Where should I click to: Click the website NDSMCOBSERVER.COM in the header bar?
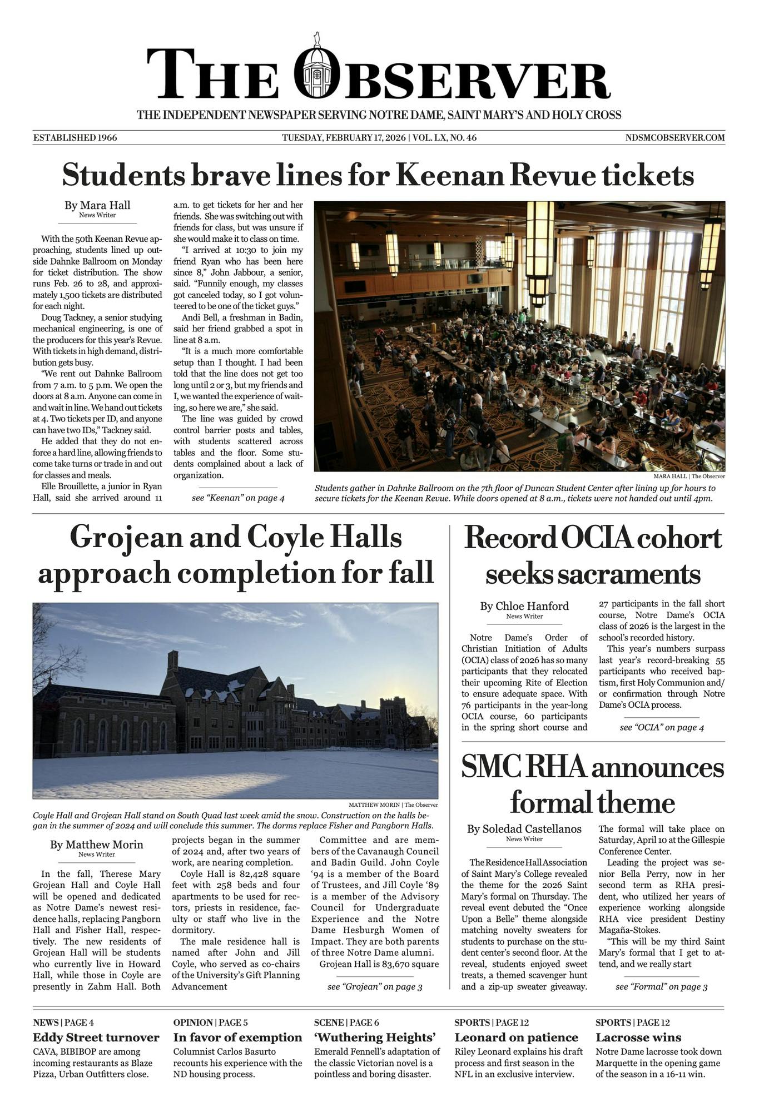tap(674, 138)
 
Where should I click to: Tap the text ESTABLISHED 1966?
tap(75, 138)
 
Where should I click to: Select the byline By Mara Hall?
tap(97, 205)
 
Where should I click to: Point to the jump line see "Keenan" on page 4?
tap(238, 498)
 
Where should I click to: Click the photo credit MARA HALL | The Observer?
tap(689, 476)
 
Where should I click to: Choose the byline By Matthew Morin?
tap(97, 845)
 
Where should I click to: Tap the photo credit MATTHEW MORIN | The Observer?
tap(393, 805)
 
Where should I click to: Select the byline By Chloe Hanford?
tap(524, 606)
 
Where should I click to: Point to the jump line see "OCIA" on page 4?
tap(662, 727)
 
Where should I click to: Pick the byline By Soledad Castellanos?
tap(524, 829)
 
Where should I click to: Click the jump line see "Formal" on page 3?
tap(662, 987)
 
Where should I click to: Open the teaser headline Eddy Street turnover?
tap(96, 1037)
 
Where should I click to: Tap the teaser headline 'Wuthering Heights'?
tap(375, 1037)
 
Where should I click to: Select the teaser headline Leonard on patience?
tap(516, 1037)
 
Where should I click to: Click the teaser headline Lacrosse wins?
tap(638, 1037)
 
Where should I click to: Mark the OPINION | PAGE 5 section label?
tap(211, 1022)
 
